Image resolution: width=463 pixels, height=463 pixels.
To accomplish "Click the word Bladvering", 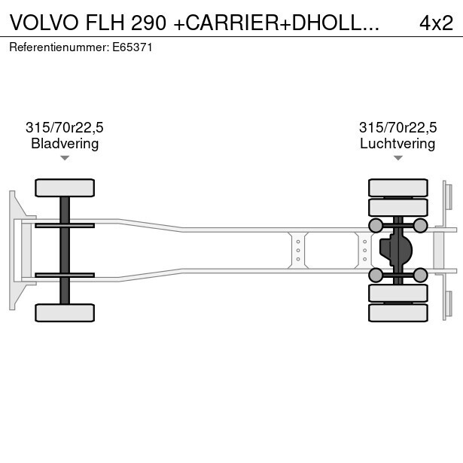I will tap(65, 143).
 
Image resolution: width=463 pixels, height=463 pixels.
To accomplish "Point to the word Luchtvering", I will tap(398, 143).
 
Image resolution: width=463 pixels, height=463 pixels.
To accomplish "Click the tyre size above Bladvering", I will tap(65, 127).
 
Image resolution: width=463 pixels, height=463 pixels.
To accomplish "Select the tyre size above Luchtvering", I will tap(398, 127).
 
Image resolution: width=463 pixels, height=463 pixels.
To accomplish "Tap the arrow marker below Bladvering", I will tap(65, 158).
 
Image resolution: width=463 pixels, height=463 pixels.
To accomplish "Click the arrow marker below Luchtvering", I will tap(398, 158).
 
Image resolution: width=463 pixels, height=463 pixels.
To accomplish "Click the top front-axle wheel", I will tap(65, 187).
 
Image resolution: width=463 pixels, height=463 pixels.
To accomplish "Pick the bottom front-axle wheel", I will tap(65, 312).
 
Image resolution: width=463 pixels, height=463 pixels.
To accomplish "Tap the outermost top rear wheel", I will tap(398, 187).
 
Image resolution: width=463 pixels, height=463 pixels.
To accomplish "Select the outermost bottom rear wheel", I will tap(398, 312).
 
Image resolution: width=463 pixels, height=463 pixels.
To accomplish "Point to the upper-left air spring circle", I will tap(375, 225).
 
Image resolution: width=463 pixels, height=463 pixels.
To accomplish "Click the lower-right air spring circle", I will tap(420, 275).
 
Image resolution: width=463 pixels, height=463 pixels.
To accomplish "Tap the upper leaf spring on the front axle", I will tap(65, 225).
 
